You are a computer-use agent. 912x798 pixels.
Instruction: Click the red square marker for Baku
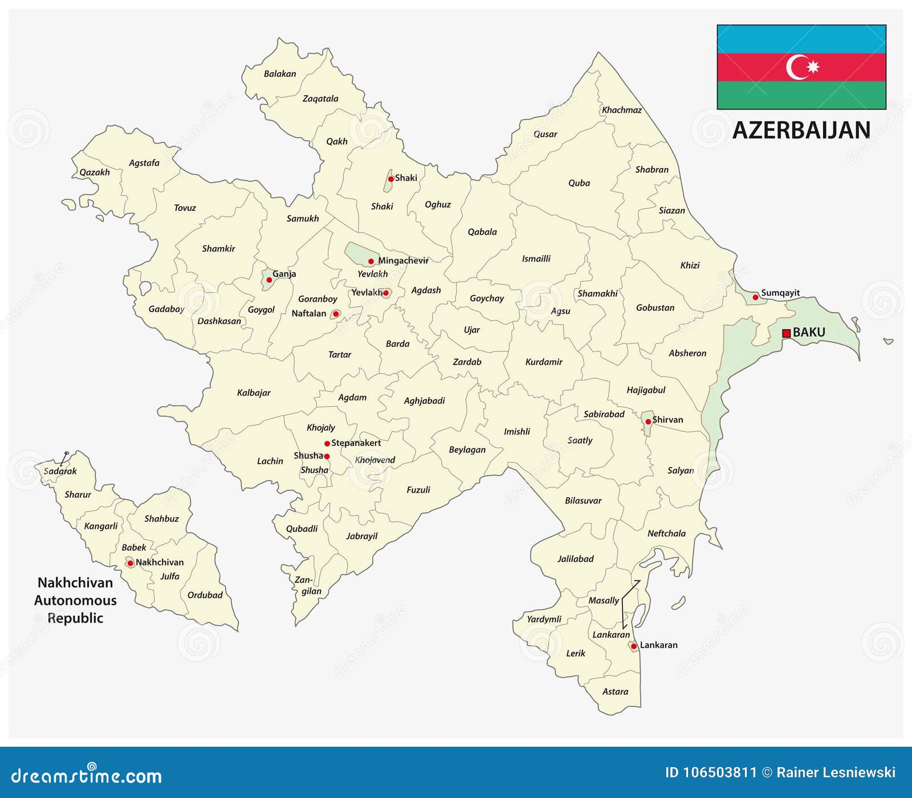pos(786,333)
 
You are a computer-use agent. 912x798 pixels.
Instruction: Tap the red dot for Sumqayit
pos(755,297)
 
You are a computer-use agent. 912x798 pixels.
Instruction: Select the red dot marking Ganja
pos(269,280)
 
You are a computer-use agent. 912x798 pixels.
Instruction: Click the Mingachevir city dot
pos(371,261)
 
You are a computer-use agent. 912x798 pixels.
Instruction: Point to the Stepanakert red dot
pos(327,443)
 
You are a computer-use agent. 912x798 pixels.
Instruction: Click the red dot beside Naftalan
pos(336,314)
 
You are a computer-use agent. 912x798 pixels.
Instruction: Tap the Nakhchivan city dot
pos(130,563)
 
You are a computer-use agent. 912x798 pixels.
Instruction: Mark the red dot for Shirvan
pos(648,421)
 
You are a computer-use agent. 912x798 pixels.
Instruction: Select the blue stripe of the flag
pos(801,39)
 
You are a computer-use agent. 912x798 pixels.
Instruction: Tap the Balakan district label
pos(280,73)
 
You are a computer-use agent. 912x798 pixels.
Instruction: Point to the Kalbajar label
pos(254,392)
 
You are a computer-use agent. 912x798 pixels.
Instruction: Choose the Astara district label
pos(615,691)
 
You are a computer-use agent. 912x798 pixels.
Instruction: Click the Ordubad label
pos(205,595)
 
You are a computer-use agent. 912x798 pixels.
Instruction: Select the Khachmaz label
pos(622,110)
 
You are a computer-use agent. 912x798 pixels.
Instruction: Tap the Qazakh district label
pos(95,172)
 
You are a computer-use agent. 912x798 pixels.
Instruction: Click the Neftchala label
pos(666,533)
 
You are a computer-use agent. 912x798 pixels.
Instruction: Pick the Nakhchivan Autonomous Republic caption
pos(75,600)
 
